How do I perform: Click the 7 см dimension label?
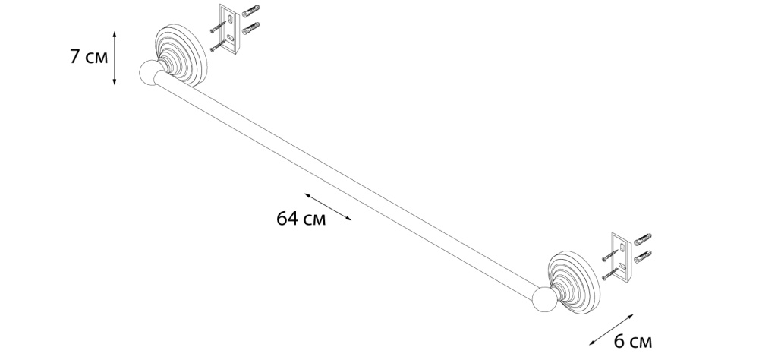(89, 57)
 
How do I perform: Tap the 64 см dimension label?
(301, 219)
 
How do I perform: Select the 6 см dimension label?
(633, 342)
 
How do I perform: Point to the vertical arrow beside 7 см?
(115, 58)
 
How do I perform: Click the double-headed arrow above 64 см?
(328, 207)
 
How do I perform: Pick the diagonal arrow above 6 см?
(611, 330)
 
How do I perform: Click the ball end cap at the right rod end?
(544, 299)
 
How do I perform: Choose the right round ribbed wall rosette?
(575, 282)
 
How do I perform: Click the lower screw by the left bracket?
(219, 45)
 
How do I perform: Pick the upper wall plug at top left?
(250, 11)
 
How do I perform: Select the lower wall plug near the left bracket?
(250, 29)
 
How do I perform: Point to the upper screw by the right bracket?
(610, 255)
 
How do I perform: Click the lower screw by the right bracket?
(610, 273)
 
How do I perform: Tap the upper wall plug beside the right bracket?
(642, 239)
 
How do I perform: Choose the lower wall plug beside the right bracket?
(642, 257)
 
